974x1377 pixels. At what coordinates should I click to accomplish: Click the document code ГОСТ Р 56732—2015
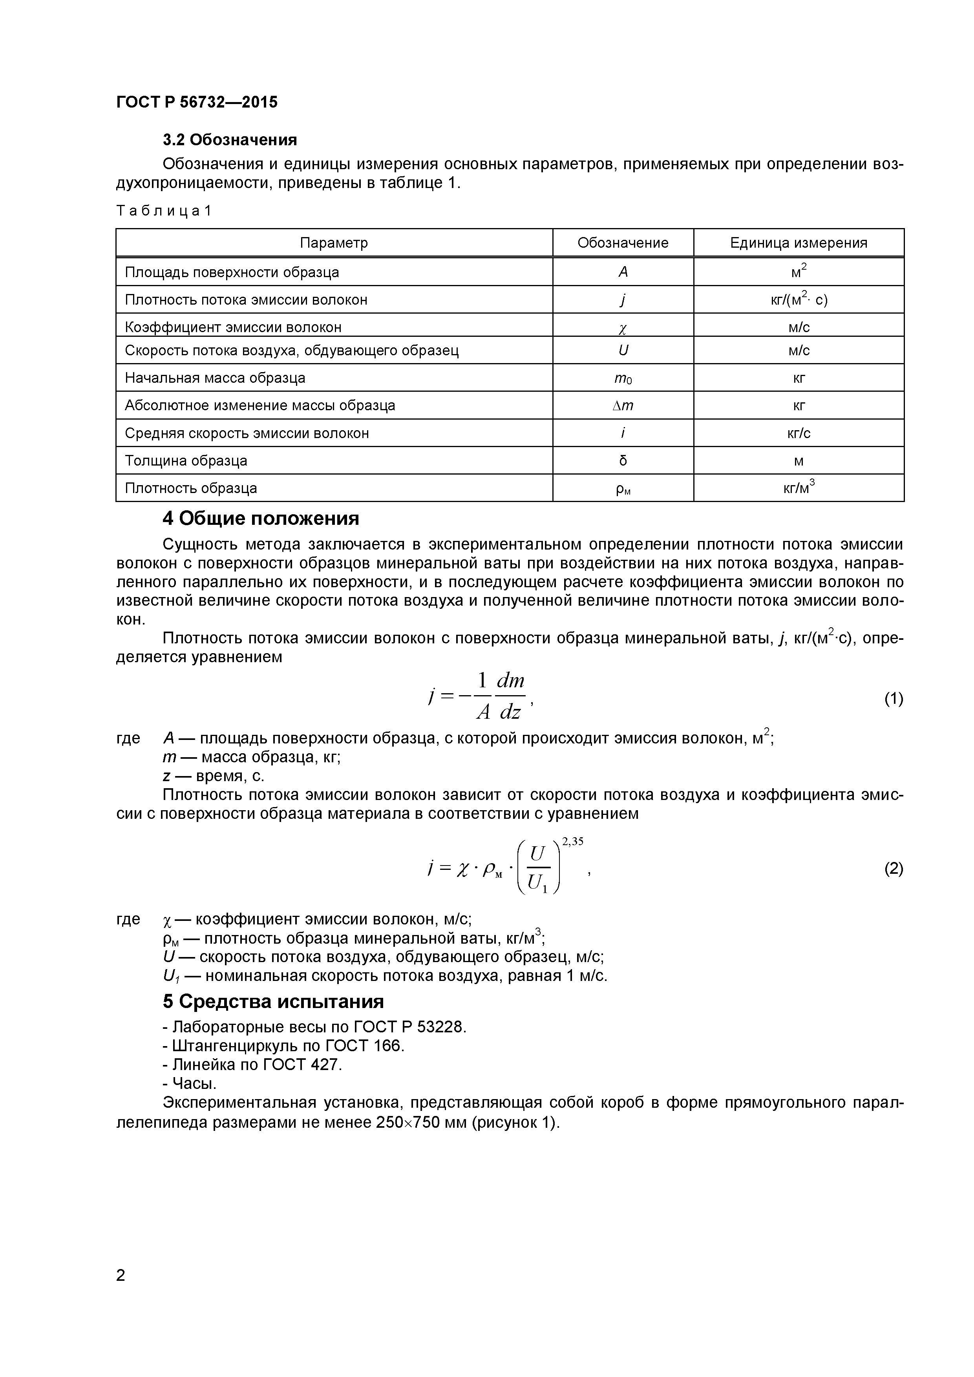click(x=197, y=102)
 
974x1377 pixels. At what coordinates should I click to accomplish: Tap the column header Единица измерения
click(x=798, y=243)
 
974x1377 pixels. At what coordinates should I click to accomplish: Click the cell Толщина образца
click(x=186, y=460)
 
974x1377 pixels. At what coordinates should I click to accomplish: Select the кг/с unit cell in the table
click(x=798, y=433)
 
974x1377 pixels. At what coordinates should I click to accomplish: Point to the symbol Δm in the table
click(x=623, y=405)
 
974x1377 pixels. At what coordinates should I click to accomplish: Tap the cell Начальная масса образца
click(x=215, y=378)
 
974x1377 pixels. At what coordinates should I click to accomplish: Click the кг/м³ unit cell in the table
click(x=798, y=488)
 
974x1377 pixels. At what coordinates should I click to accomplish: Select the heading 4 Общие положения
click(x=261, y=518)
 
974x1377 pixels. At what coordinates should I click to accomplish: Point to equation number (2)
click(x=893, y=868)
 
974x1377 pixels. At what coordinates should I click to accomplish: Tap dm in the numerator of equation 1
click(x=511, y=681)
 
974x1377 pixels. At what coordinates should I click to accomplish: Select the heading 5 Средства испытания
click(x=273, y=1002)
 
